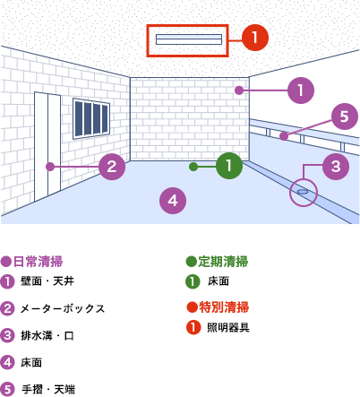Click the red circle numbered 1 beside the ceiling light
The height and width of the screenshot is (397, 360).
tap(255, 38)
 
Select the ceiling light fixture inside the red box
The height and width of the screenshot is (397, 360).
tap(189, 39)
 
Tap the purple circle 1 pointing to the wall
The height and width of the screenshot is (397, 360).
tap(301, 91)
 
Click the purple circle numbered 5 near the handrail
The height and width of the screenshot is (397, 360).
tap(345, 117)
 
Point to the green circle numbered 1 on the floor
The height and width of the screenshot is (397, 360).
tap(229, 166)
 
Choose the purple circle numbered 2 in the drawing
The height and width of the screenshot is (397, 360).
tap(112, 167)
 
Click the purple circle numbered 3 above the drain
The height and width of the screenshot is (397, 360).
tap(336, 167)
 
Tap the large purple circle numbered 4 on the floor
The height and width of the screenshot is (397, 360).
tap(173, 201)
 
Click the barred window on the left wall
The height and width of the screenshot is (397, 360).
tap(91, 118)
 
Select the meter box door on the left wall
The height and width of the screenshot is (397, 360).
tap(47, 146)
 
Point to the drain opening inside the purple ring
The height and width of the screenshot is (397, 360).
tap(303, 192)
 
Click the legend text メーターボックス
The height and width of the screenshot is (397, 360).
tap(63, 308)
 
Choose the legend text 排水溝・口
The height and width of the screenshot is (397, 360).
tap(47, 336)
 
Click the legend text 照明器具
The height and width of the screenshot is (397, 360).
tap(228, 328)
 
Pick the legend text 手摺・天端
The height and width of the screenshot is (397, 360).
tap(48, 390)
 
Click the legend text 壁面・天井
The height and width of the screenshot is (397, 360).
tap(47, 281)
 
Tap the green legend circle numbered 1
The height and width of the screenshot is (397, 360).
tap(193, 281)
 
